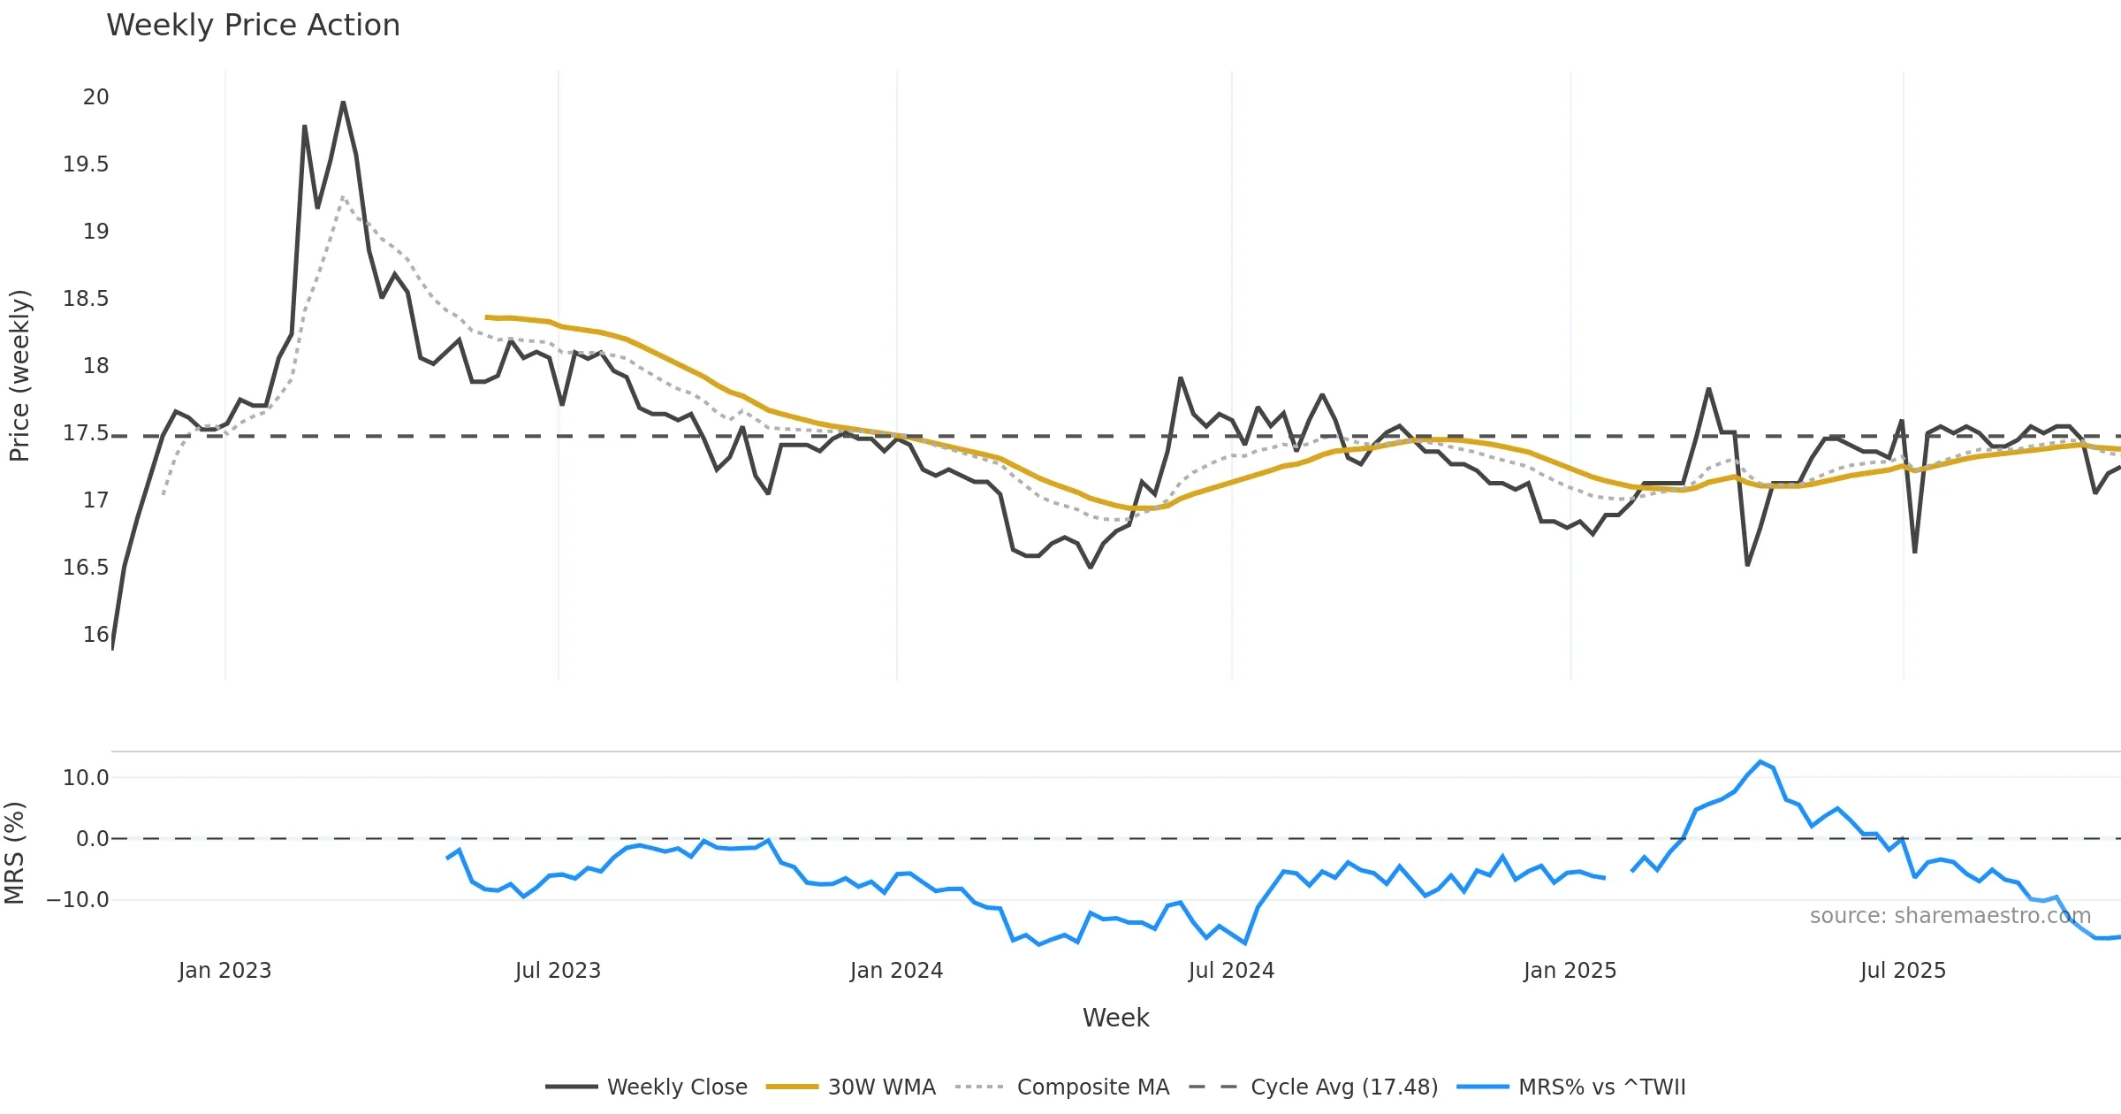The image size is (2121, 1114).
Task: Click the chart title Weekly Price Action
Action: [253, 26]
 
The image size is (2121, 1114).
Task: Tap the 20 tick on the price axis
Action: [95, 97]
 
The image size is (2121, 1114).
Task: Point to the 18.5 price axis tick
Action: [86, 299]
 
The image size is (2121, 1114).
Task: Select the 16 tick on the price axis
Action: [95, 635]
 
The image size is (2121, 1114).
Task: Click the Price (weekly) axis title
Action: [19, 376]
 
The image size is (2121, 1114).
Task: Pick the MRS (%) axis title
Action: [15, 853]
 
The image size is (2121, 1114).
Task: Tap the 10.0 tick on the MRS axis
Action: [86, 778]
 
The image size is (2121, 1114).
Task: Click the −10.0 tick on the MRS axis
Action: [78, 900]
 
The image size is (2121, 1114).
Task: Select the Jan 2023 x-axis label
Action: [224, 971]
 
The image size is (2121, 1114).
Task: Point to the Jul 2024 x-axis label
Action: [1231, 971]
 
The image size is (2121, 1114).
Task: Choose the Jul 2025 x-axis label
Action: [1903, 971]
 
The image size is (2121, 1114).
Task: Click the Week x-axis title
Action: [1115, 1019]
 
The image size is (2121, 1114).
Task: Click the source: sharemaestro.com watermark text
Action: [1950, 916]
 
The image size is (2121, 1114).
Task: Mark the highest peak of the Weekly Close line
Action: [343, 103]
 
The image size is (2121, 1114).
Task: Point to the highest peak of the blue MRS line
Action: [1760, 762]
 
